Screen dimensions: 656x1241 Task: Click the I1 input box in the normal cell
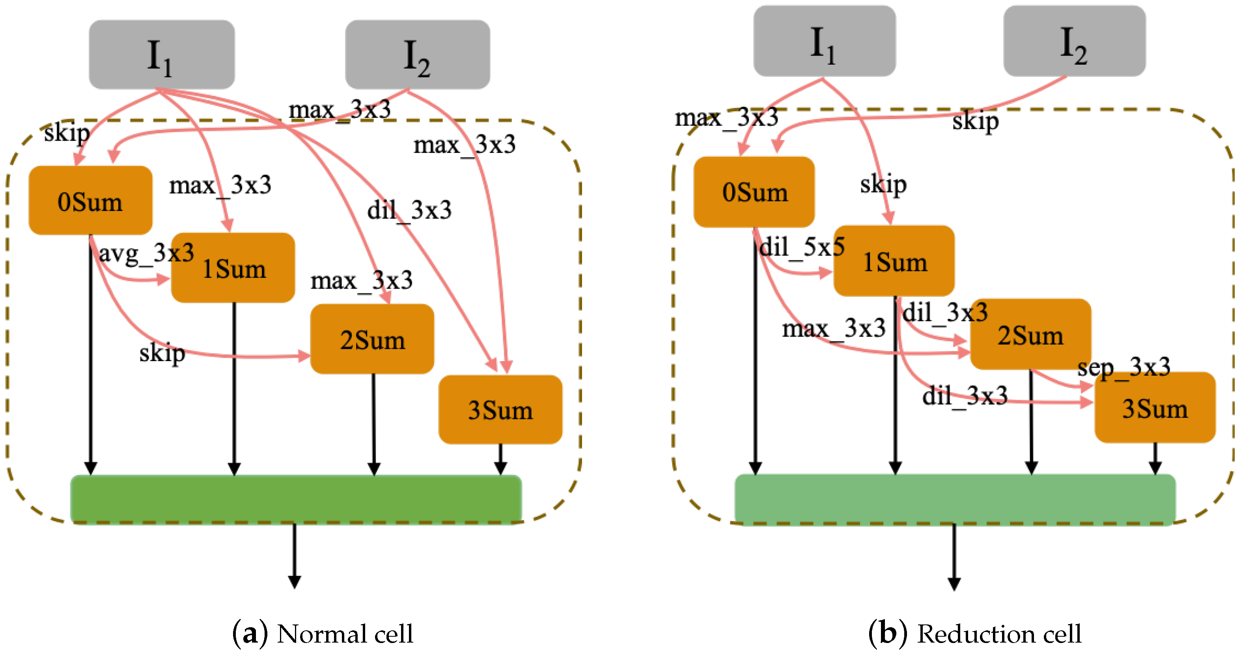tap(161, 54)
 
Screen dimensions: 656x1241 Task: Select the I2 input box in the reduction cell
tap(1074, 41)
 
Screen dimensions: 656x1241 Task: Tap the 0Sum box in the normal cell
tap(91, 200)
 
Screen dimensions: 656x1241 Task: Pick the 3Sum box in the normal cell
tap(500, 409)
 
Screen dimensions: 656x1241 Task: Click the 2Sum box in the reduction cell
tap(1030, 334)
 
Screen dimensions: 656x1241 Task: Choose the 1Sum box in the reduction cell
tap(894, 261)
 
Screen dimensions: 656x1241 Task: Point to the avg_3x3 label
tap(146, 253)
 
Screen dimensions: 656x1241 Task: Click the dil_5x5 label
tap(802, 247)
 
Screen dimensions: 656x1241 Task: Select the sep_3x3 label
tap(1123, 367)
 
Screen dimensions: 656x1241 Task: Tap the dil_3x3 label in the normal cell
tap(409, 210)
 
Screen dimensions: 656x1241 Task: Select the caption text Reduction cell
tap(999, 634)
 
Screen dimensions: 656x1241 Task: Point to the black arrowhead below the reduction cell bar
tap(954, 583)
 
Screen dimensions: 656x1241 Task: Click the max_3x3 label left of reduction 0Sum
tap(726, 117)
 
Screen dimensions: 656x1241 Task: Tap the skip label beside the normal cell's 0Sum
tap(67, 132)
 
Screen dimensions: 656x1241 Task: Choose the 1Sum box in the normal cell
tap(233, 268)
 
